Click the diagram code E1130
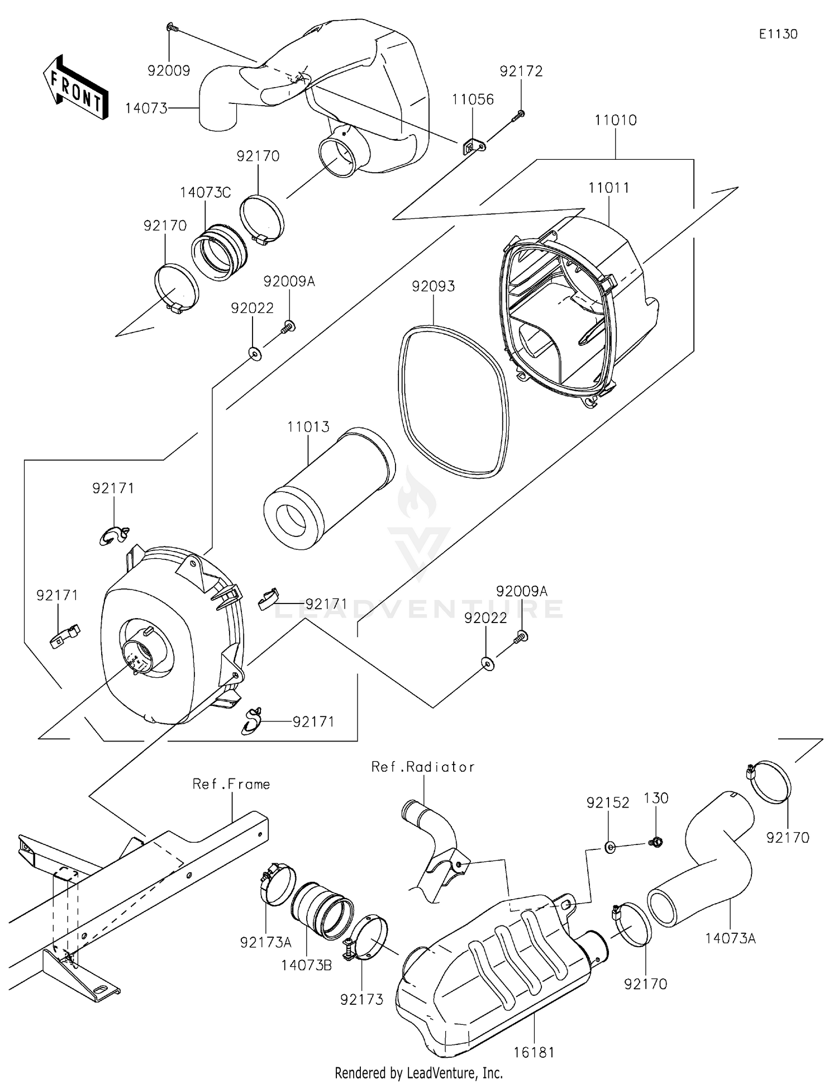tap(778, 34)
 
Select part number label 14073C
tap(205, 193)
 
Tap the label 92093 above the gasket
tap(433, 286)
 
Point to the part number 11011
tap(608, 188)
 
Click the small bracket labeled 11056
tap(473, 148)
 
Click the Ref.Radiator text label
tap(423, 767)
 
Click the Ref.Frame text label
tap(231, 784)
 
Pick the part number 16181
tap(534, 1053)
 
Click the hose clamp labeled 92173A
tap(275, 883)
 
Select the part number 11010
tap(615, 120)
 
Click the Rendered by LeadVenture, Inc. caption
tap(418, 1073)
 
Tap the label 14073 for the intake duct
tap(146, 108)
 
